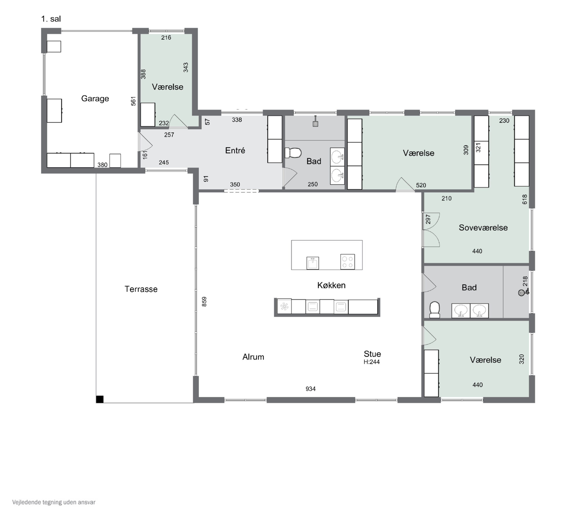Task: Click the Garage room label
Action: coord(95,98)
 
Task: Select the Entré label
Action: coord(235,150)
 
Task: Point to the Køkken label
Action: coord(331,285)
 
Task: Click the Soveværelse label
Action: coord(483,228)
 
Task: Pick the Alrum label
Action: coord(253,357)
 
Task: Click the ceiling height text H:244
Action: coord(372,362)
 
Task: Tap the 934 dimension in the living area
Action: coord(310,389)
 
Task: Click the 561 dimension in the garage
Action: coord(133,101)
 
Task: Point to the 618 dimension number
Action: coord(525,199)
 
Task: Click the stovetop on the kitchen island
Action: coord(348,262)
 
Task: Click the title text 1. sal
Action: coord(51,19)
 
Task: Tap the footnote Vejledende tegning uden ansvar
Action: coord(54,502)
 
